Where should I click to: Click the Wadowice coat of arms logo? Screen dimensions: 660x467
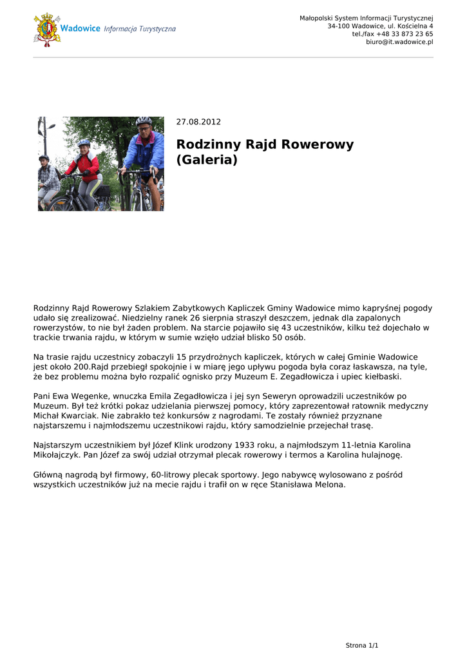tap(47, 30)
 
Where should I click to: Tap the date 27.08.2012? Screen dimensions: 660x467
tap(198, 122)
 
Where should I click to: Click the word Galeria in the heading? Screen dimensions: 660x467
tap(207, 160)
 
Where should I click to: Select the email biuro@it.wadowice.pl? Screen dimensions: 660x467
tap(399, 42)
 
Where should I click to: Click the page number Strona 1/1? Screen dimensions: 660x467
tap(362, 645)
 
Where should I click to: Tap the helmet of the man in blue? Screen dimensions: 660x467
tap(144, 121)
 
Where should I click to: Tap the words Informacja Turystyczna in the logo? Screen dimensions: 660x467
tap(139, 29)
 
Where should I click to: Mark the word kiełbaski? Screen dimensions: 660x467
tap(380, 376)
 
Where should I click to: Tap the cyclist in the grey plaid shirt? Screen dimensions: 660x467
tap(47, 180)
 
